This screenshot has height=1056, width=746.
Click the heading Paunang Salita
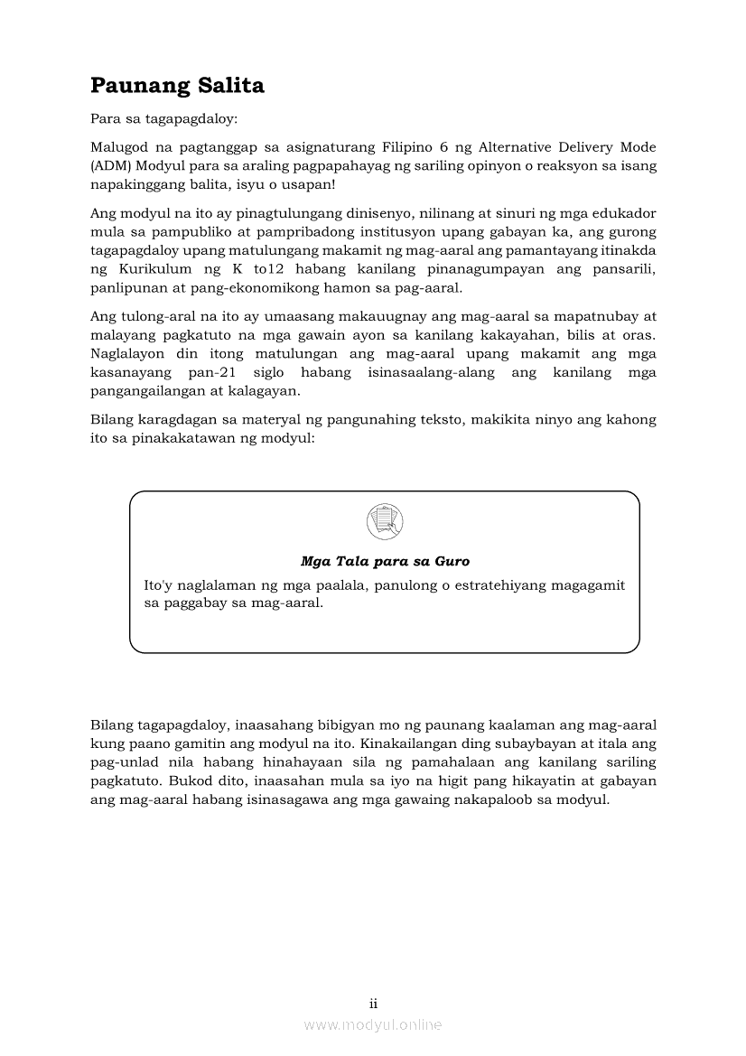coord(177,86)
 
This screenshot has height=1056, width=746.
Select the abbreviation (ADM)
coord(112,165)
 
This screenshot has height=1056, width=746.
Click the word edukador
coord(624,213)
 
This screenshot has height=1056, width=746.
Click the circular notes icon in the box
coord(385,521)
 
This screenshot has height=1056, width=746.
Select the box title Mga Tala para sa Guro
coord(385,561)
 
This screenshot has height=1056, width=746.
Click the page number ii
coord(373,1004)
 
